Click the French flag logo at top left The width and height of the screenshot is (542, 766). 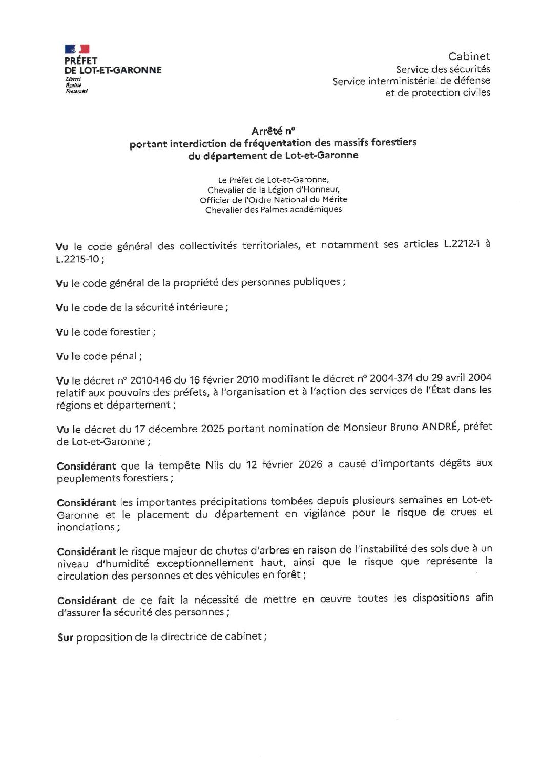click(x=77, y=49)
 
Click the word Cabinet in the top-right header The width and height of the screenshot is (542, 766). click(x=469, y=56)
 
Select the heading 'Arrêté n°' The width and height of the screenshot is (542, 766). click(x=273, y=131)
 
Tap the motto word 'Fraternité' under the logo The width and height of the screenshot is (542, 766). click(x=76, y=91)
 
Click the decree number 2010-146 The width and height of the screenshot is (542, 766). click(x=153, y=380)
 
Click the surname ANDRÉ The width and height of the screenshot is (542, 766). click(x=439, y=427)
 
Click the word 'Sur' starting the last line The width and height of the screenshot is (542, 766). click(x=65, y=638)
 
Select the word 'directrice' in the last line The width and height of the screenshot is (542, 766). click(x=183, y=637)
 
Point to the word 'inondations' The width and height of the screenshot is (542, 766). click(x=86, y=527)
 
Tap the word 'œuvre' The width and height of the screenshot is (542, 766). click(x=334, y=599)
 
